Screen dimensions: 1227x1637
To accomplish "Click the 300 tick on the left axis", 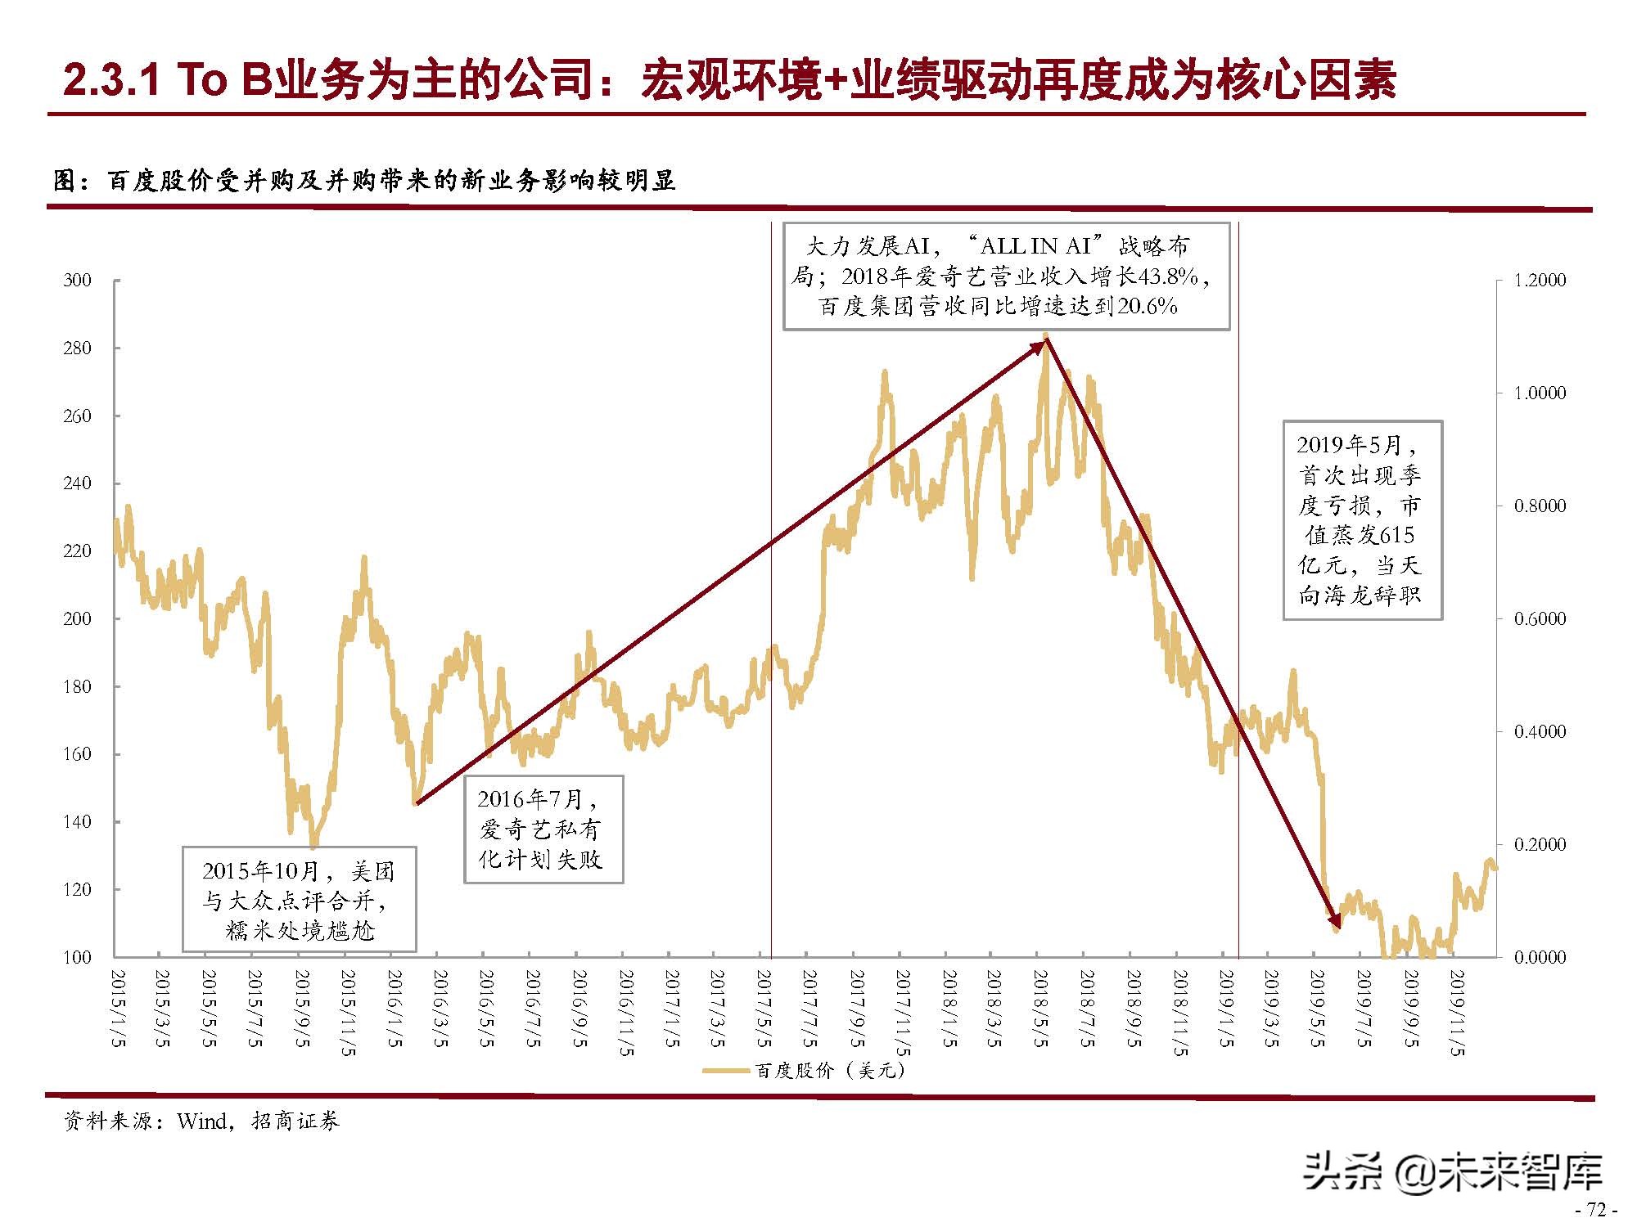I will click(x=78, y=281).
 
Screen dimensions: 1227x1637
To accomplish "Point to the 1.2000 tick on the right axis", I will click(x=1539, y=281).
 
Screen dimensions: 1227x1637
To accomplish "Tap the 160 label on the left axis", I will click(x=78, y=754).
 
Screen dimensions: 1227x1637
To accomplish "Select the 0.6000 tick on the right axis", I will click(x=1539, y=619).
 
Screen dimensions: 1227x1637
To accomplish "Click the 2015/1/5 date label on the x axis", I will click(x=119, y=1008).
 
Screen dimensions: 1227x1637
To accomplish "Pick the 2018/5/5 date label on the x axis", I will click(x=1040, y=1008).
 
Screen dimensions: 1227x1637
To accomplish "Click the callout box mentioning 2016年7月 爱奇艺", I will click(x=543, y=829).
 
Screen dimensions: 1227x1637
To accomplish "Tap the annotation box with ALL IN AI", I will click(x=1005, y=276).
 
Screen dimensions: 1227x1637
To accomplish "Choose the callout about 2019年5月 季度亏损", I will click(x=1361, y=520).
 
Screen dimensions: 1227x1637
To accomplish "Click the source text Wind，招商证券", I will click(x=258, y=1121).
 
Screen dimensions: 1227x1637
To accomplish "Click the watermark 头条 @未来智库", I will click(x=1453, y=1172).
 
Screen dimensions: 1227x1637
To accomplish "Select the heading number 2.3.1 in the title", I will click(x=110, y=79).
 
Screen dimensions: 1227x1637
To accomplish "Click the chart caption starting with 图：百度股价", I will click(x=364, y=181).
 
